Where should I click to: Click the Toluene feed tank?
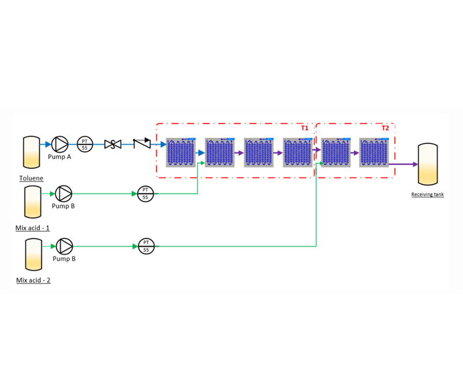[x=31, y=152]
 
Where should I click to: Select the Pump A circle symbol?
[x=59, y=144]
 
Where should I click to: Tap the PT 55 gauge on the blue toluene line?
[x=84, y=144]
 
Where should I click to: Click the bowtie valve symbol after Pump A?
[x=112, y=144]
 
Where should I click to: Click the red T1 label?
[x=304, y=128]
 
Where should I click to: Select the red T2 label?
[x=385, y=128]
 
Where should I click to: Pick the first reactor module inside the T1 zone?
[x=181, y=153]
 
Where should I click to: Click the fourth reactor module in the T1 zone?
[x=297, y=153]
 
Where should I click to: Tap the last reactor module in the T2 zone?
[x=374, y=153]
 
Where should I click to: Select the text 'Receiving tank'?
[x=427, y=195]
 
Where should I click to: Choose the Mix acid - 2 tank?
[x=32, y=254]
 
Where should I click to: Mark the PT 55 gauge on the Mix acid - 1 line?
[x=145, y=194]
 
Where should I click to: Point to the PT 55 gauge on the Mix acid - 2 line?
[x=146, y=246]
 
